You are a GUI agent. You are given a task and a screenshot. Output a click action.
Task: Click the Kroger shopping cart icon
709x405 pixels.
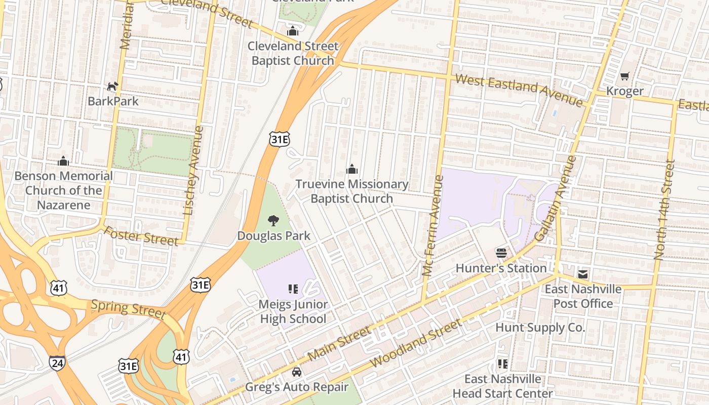pyautogui.click(x=624, y=76)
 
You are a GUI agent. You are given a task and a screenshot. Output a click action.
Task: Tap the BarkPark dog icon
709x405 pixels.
pyautogui.click(x=112, y=86)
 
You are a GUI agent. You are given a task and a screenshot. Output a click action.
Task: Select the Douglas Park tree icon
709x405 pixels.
pyautogui.click(x=273, y=220)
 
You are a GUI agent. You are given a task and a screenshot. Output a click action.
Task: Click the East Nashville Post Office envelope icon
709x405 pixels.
pyautogui.click(x=583, y=274)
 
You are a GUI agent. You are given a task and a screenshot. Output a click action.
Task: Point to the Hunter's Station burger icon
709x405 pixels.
pyautogui.click(x=501, y=253)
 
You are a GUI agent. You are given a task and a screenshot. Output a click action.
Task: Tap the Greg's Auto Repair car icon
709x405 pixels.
pyautogui.click(x=297, y=372)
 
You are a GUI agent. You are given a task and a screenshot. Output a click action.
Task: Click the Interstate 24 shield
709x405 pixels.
pyautogui.click(x=57, y=362)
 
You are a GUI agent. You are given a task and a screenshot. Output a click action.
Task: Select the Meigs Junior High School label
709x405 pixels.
pyautogui.click(x=293, y=311)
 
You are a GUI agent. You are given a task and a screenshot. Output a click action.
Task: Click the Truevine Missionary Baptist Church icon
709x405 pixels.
pyautogui.click(x=351, y=169)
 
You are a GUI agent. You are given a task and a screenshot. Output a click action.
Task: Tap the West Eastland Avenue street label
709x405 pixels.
pyautogui.click(x=519, y=90)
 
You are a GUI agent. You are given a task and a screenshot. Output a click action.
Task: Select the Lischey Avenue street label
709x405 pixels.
pyautogui.click(x=193, y=170)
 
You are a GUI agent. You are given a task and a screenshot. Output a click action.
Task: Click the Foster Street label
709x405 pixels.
pyautogui.click(x=141, y=235)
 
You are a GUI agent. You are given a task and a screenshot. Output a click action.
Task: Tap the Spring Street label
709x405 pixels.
pyautogui.click(x=128, y=308)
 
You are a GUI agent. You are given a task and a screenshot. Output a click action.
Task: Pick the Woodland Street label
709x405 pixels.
pyautogui.click(x=416, y=343)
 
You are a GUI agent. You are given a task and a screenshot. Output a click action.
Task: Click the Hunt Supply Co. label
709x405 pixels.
pyautogui.click(x=540, y=328)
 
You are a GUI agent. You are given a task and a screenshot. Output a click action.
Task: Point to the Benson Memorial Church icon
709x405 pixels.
pyautogui.click(x=63, y=161)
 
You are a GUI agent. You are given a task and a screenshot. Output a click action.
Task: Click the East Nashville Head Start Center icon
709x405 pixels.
pyautogui.click(x=502, y=363)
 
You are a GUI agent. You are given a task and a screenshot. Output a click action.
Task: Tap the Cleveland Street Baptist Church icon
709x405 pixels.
pyautogui.click(x=293, y=31)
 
